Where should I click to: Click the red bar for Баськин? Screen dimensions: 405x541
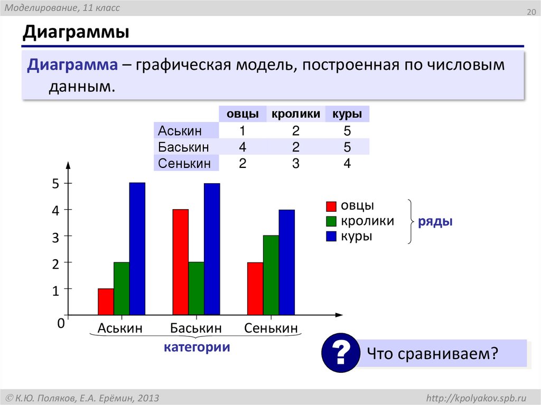coord(180,262)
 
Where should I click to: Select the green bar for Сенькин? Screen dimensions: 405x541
coord(271,275)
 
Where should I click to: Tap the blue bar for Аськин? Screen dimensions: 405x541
coord(137,249)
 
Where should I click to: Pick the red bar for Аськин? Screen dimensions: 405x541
coord(106,302)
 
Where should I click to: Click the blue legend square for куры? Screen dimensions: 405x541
coord(331,237)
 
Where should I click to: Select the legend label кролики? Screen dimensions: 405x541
coord(367,221)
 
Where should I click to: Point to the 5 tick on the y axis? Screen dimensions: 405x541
coord(55,184)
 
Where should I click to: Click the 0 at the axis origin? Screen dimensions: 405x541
coord(61,324)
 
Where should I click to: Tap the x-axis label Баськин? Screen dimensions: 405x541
coord(195,328)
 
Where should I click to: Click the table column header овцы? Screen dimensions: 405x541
coord(242,114)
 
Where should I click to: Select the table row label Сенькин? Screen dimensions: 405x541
coord(184,163)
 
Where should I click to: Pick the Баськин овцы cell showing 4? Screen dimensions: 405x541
coord(242,147)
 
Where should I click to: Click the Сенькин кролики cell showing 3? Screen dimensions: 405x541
coord(295,163)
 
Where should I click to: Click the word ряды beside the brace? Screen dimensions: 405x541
coord(435,222)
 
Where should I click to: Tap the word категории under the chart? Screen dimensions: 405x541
coord(197,347)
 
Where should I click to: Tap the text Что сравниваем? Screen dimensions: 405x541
coord(433,353)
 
